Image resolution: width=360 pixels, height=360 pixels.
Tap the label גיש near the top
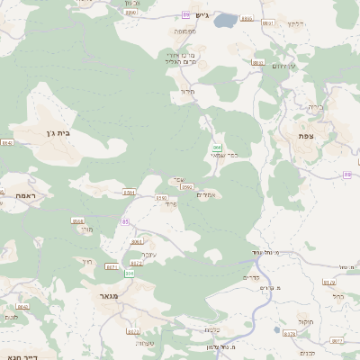pos(200,15)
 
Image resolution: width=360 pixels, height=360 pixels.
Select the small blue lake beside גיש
pos(226,20)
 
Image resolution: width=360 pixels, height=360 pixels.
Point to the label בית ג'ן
pos(56,133)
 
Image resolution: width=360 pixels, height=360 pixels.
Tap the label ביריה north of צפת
pos(315,107)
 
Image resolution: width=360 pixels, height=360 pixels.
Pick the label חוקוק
pos(302,319)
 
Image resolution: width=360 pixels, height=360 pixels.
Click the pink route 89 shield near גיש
pos(185,15)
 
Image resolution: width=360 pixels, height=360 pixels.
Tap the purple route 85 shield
pos(125,220)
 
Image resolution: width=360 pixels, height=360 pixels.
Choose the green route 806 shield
pos(129,273)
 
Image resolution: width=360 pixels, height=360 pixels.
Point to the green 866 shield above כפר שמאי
pos(217,146)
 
